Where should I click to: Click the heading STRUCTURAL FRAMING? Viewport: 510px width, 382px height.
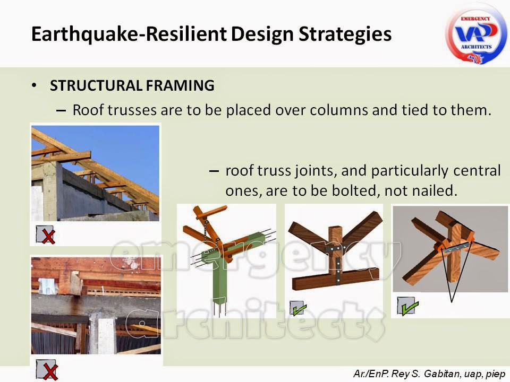(x=132, y=85)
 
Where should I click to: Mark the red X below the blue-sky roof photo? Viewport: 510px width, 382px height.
(x=47, y=235)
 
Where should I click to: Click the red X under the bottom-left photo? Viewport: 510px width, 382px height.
(x=47, y=369)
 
